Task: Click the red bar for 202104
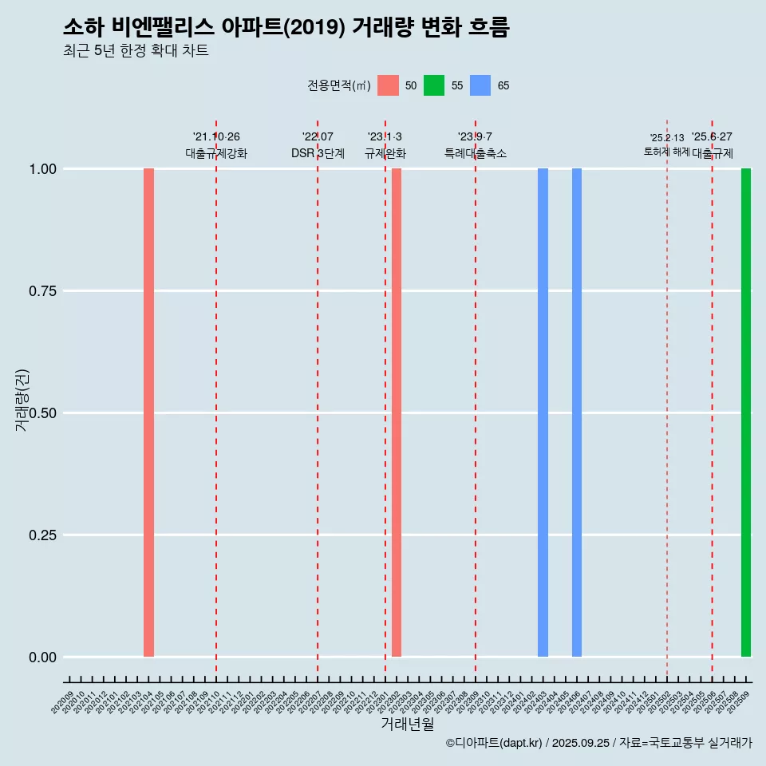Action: [x=148, y=413]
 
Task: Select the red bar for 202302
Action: [x=397, y=413]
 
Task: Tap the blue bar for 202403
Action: [x=543, y=413]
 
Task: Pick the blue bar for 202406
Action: [x=577, y=413]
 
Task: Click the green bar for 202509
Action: [x=746, y=413]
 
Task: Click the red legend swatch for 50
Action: [x=388, y=85]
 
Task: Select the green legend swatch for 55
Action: [x=434, y=85]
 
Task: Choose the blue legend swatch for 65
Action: [x=480, y=85]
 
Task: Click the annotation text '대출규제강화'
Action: [x=216, y=153]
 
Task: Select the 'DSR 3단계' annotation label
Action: [x=318, y=153]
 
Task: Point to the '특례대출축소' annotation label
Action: [x=476, y=153]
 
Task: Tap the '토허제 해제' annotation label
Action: [x=666, y=152]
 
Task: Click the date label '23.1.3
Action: [x=385, y=137]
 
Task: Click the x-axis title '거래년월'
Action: [x=408, y=725]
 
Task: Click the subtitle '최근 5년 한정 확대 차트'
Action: [x=136, y=51]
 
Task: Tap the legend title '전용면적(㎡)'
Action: [x=338, y=86]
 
